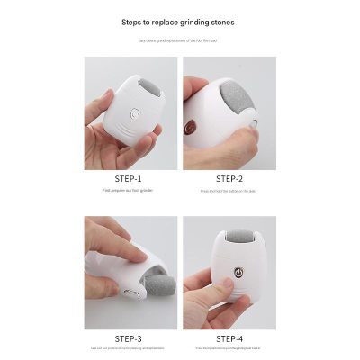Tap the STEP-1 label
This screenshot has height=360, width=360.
(128, 178)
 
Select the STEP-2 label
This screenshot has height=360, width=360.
(229, 178)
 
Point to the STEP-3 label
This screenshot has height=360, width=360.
(128, 338)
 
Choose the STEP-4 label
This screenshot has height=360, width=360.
(229, 338)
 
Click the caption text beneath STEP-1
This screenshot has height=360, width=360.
(128, 191)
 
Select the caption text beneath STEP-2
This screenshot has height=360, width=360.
(229, 191)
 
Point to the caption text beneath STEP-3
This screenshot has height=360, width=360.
(128, 350)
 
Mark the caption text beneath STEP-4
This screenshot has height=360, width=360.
(229, 350)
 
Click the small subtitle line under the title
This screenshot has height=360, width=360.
(179, 40)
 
